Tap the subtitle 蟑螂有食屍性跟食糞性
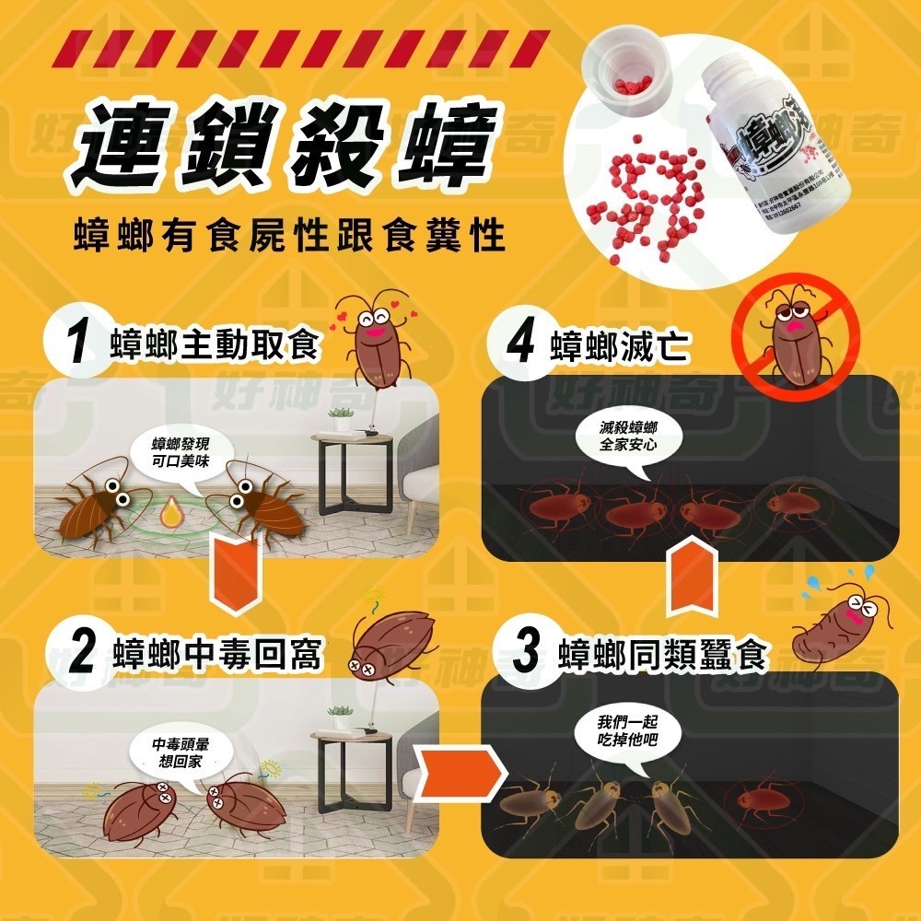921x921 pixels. point(289,237)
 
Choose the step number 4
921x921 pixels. point(521,344)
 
